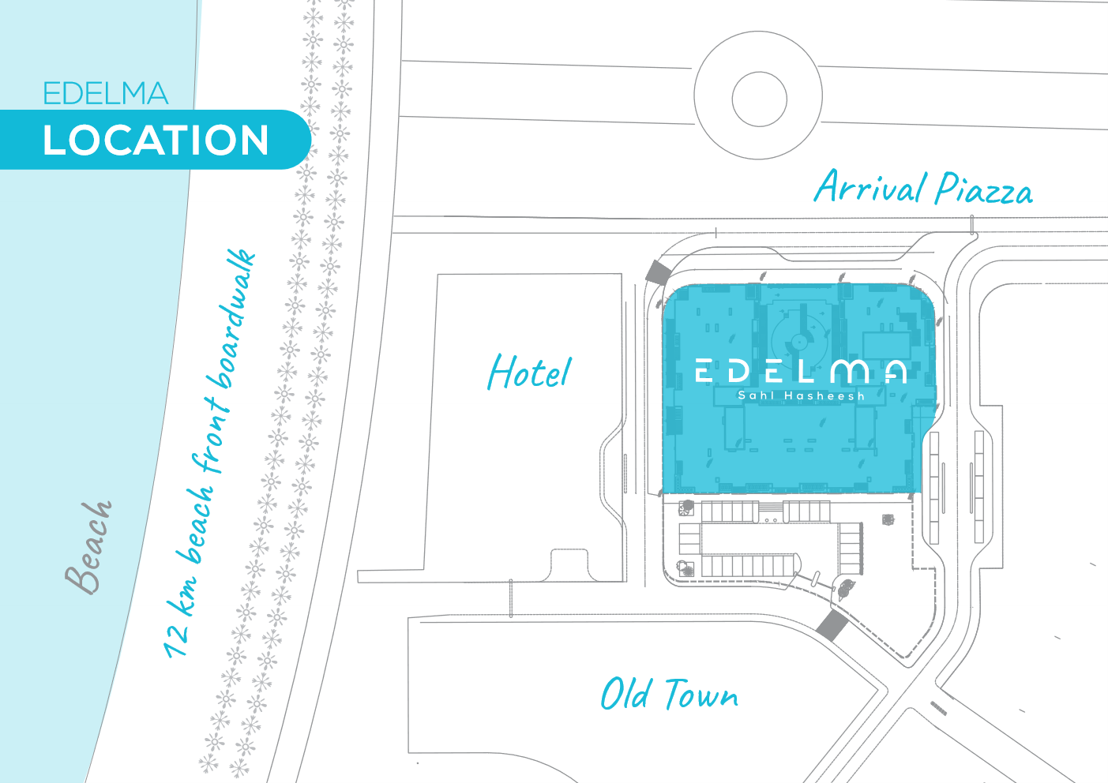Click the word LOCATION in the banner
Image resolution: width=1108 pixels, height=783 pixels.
156,140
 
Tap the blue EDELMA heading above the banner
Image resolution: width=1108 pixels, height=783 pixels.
105,94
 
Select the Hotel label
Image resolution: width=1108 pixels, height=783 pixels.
529,373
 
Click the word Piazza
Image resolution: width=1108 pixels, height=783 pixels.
983,189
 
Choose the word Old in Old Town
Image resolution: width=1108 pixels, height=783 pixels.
626,694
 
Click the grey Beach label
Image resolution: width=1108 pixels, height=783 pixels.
89,547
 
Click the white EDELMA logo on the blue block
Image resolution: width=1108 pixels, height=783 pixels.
800,370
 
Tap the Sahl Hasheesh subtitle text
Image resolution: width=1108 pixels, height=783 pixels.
801,395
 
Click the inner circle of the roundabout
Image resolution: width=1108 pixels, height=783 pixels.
759,99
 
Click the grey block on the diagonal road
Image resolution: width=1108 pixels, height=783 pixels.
832,625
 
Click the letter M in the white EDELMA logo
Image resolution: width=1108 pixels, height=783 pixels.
850,370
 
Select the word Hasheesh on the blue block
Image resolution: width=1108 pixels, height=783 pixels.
824,395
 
